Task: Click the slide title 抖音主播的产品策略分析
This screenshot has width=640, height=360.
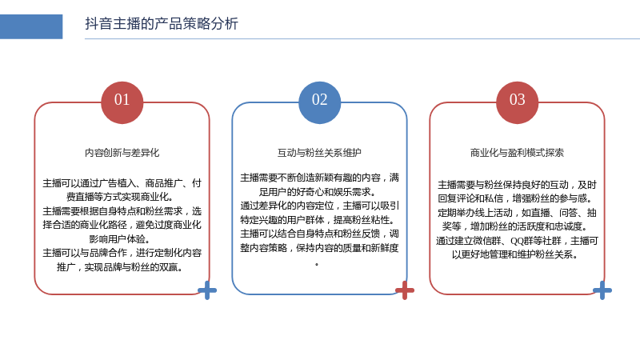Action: pos(162,24)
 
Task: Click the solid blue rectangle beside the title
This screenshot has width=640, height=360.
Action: pos(31,26)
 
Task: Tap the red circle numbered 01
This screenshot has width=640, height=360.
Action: pos(122,102)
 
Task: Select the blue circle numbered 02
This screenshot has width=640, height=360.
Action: pos(319,102)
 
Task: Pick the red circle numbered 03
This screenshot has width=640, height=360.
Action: pos(517,102)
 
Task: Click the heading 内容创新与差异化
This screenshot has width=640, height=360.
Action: pos(122,153)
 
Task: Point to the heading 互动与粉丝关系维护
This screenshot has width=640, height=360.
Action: pos(319,153)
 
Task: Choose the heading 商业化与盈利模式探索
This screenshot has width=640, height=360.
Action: pos(517,153)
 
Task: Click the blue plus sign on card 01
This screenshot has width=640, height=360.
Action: pos(207,290)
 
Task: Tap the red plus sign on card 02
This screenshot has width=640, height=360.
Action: pos(405,290)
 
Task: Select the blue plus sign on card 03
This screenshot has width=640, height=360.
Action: pos(602,290)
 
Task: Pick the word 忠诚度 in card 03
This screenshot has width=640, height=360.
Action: pos(569,226)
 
